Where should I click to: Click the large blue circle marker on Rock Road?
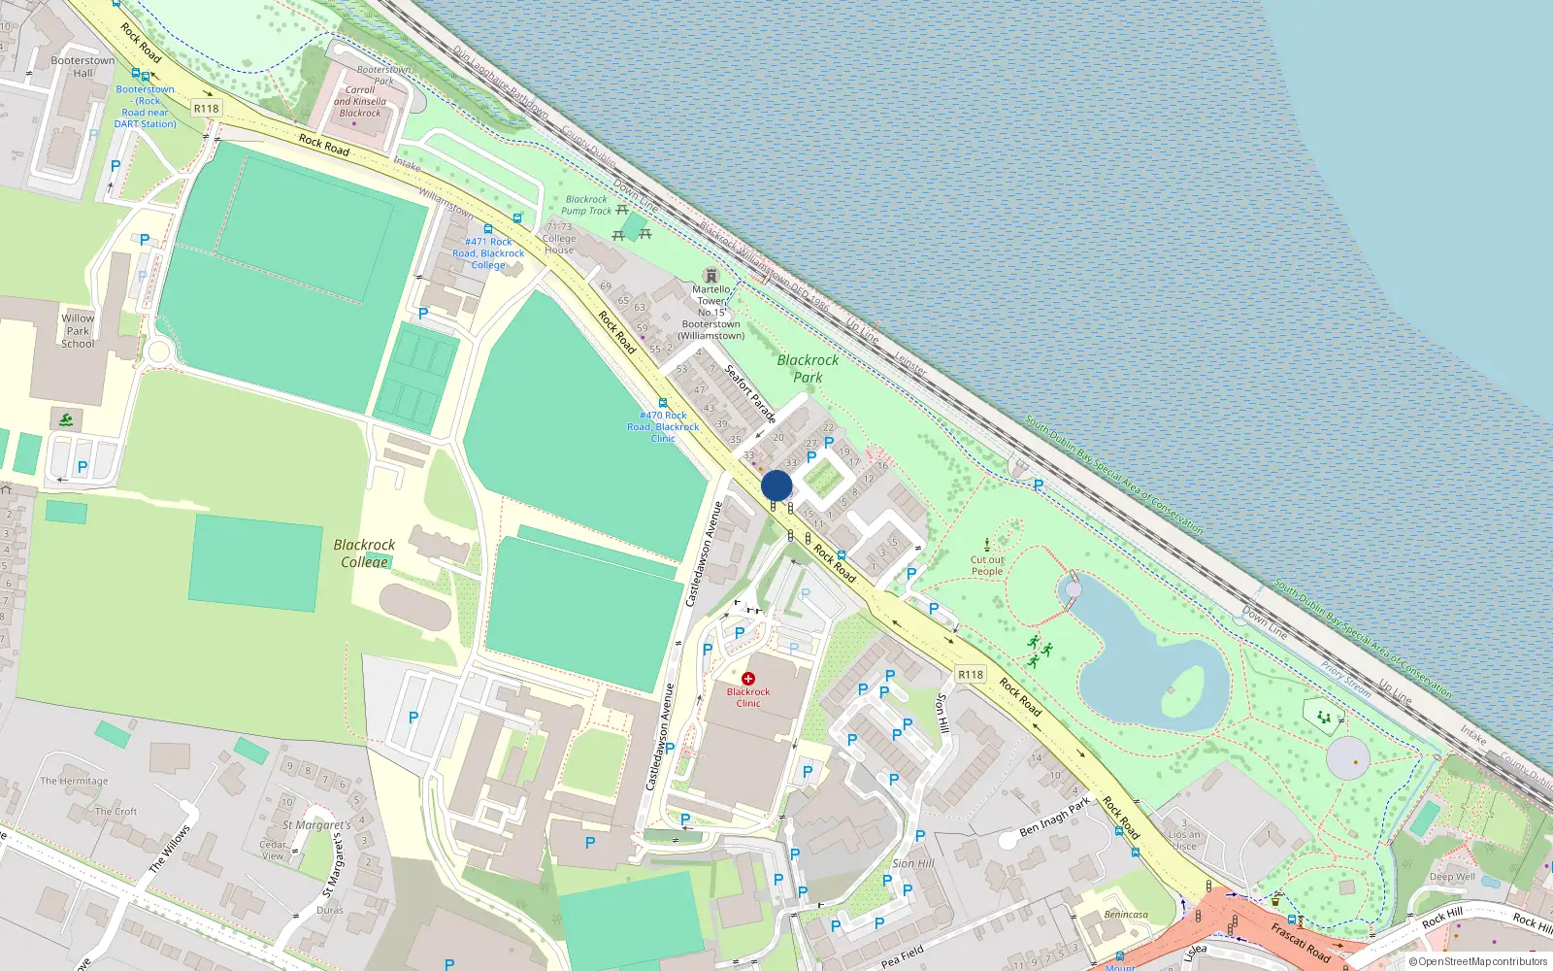(776, 485)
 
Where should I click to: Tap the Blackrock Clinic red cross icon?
(747, 679)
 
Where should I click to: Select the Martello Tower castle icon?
(711, 276)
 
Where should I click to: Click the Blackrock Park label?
(808, 368)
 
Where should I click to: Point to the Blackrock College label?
(364, 553)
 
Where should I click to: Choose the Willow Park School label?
(78, 331)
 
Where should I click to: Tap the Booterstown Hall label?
(83, 66)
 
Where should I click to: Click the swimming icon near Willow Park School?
(65, 420)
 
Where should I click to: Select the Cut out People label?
(987, 565)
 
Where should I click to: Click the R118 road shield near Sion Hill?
(971, 674)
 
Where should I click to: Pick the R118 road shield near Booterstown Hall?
(206, 109)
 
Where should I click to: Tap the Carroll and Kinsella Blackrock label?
(360, 101)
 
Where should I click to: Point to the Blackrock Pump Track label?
(586, 205)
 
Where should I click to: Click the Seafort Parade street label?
(750, 393)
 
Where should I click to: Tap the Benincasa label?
(1126, 915)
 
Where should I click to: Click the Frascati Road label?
(1300, 942)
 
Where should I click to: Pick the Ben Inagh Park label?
(1055, 818)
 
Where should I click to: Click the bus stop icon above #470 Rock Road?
(663, 403)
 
